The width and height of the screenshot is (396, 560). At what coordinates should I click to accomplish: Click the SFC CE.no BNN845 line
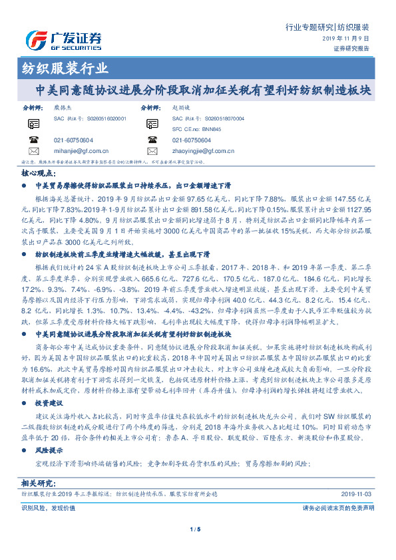[x=195, y=129]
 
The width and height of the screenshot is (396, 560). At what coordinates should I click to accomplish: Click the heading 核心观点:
[x=38, y=172]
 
